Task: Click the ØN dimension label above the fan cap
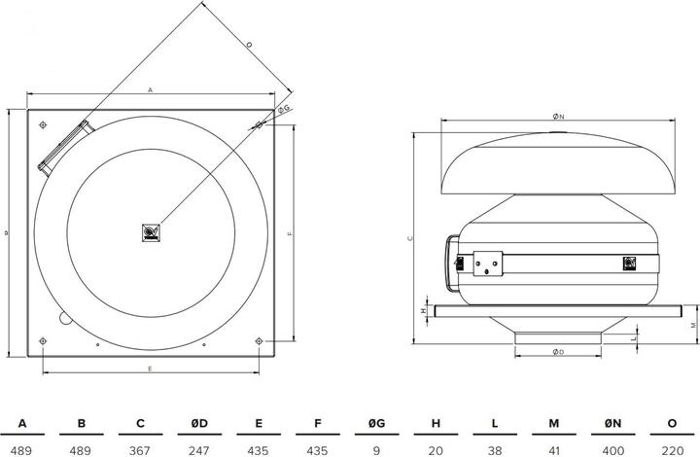pyautogui.click(x=557, y=116)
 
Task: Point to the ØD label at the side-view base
pyautogui.click(x=558, y=351)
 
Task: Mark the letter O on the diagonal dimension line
pyautogui.click(x=248, y=45)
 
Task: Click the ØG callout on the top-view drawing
pyautogui.click(x=283, y=111)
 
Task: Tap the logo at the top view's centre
pyautogui.click(x=151, y=231)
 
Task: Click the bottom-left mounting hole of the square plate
pyautogui.click(x=44, y=339)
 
